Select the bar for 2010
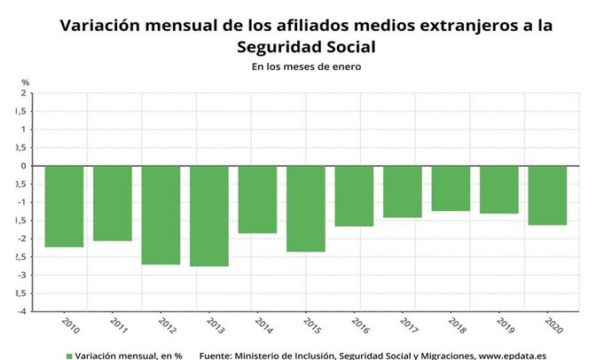point(64,206)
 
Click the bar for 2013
point(208,215)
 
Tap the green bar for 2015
point(305,208)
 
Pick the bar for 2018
point(451,188)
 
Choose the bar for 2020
point(547,195)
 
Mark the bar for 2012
point(161,215)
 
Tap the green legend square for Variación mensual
point(68,355)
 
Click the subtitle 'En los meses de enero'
point(306,66)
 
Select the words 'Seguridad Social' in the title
point(306,46)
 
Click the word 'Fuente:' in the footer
point(219,355)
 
